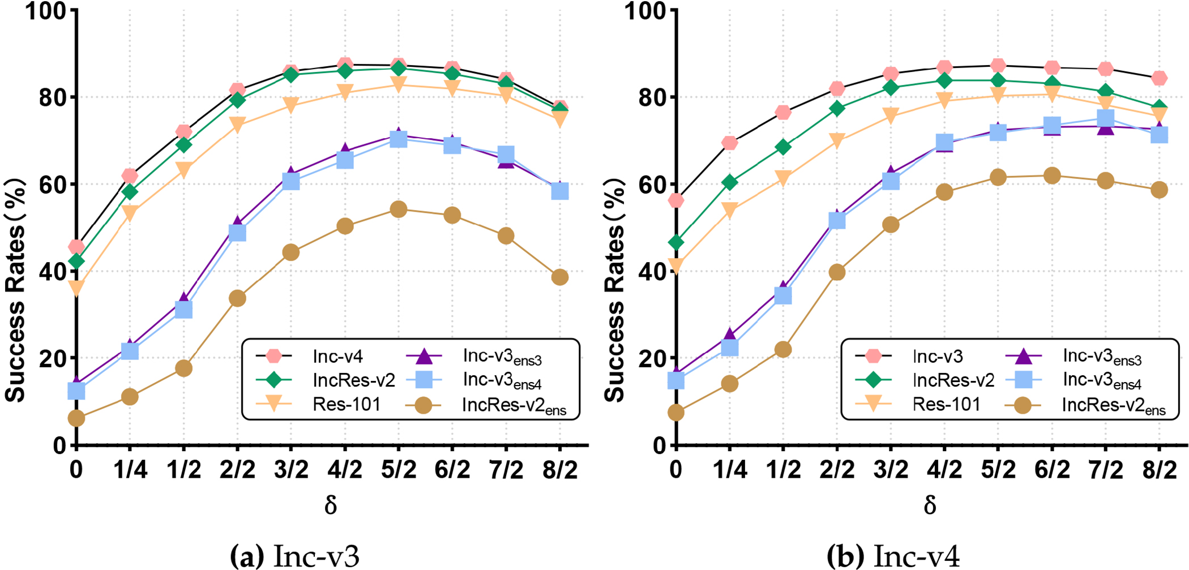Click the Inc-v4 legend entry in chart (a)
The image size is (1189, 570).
pyautogui.click(x=337, y=356)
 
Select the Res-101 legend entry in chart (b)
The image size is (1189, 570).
pyautogui.click(x=946, y=404)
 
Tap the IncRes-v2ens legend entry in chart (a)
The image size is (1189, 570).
pyautogui.click(x=514, y=405)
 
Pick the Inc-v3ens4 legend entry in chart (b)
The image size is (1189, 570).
pyautogui.click(x=1102, y=380)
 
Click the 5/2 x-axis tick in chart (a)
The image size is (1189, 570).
pyautogui.click(x=399, y=470)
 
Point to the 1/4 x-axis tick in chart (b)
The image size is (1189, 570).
pyautogui.click(x=730, y=470)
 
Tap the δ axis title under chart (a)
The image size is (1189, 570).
pyautogui.click(x=331, y=504)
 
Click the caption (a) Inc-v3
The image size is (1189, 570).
pyautogui.click(x=295, y=556)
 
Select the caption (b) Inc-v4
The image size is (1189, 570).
pyautogui.click(x=893, y=556)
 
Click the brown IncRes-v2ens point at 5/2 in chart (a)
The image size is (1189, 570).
pyautogui.click(x=399, y=209)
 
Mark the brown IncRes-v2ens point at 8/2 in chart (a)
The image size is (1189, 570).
pyautogui.click(x=560, y=277)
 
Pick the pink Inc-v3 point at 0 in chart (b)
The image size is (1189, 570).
pyautogui.click(x=676, y=200)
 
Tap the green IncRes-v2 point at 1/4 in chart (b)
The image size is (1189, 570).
pyautogui.click(x=730, y=182)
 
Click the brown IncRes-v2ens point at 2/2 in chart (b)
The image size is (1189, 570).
pyautogui.click(x=837, y=272)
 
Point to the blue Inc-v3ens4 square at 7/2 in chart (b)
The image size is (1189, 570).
pyautogui.click(x=1106, y=118)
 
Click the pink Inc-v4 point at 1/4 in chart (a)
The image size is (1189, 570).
pyautogui.click(x=130, y=176)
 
